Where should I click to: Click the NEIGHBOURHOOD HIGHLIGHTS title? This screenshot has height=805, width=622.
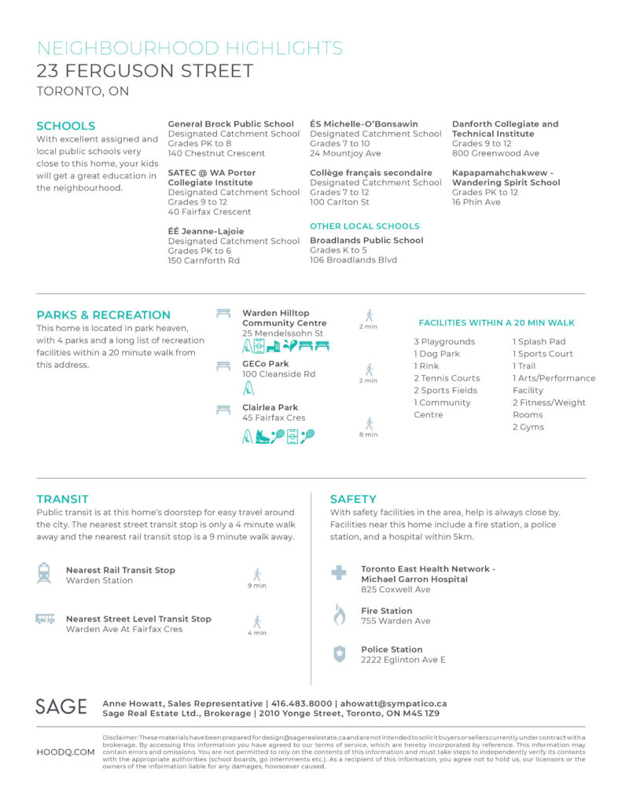(x=190, y=48)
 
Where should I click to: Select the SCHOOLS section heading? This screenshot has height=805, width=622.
(x=66, y=126)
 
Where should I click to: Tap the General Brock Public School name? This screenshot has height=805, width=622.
(x=230, y=124)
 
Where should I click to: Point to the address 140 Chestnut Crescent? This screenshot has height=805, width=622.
(x=216, y=153)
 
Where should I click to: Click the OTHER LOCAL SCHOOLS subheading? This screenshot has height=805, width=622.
(x=365, y=226)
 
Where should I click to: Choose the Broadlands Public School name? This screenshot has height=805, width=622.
(x=366, y=241)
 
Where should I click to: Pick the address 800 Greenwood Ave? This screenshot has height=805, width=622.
(x=495, y=153)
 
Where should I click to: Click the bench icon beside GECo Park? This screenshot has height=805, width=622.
(x=223, y=365)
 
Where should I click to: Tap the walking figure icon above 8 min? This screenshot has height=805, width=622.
(x=369, y=423)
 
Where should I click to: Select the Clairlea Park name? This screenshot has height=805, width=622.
(x=270, y=408)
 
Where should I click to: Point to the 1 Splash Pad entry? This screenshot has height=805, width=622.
(x=539, y=342)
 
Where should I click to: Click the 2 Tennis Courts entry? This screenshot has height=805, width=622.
(x=447, y=378)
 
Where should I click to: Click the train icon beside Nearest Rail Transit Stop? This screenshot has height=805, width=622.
(x=44, y=572)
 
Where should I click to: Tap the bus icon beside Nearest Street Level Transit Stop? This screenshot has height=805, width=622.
(x=45, y=619)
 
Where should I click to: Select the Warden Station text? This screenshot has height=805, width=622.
(x=99, y=581)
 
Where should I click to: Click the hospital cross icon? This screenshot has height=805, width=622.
(x=339, y=572)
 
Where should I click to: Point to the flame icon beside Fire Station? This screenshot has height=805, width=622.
(x=339, y=615)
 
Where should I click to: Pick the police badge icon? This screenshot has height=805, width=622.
(x=339, y=653)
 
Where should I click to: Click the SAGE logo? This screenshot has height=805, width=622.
(x=61, y=706)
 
